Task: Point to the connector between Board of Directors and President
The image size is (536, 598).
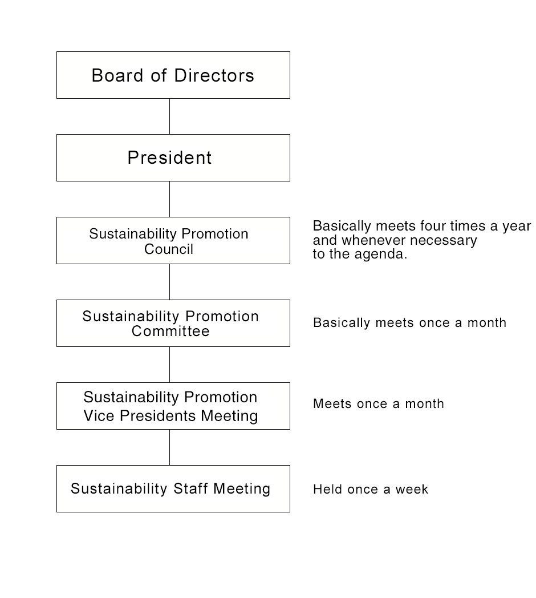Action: (170, 116)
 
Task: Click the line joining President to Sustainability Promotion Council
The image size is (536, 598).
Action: (170, 199)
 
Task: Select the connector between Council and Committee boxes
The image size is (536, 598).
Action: (170, 282)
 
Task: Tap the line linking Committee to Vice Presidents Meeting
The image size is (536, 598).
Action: (170, 365)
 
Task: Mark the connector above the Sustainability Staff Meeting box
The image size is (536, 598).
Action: (170, 447)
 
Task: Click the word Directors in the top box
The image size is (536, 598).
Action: (214, 75)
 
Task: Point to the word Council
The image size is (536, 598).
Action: (169, 249)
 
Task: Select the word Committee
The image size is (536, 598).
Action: (170, 331)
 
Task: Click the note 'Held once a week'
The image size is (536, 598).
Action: (371, 489)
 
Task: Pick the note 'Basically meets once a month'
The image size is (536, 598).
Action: (410, 322)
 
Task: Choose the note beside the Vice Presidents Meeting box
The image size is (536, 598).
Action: (379, 403)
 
